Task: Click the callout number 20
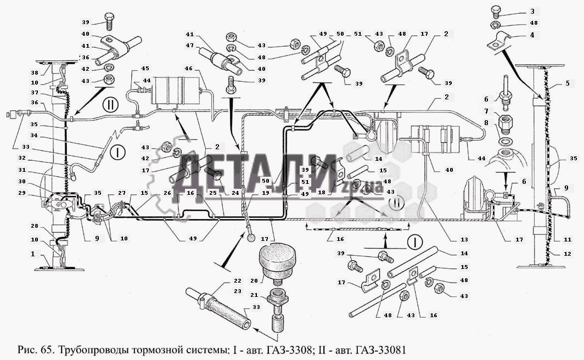point(254,281)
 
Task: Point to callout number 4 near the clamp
point(532,35)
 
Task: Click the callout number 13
point(464,239)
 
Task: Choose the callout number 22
point(238,281)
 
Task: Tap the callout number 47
point(190,46)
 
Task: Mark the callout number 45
point(145,69)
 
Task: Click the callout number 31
point(23,170)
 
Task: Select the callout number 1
point(33,254)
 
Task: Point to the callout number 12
point(568,254)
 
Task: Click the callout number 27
point(122,193)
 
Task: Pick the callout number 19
point(265,193)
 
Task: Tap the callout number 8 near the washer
point(486,123)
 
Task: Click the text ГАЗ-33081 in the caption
point(381,350)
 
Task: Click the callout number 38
point(34,73)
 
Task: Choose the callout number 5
point(568,83)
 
